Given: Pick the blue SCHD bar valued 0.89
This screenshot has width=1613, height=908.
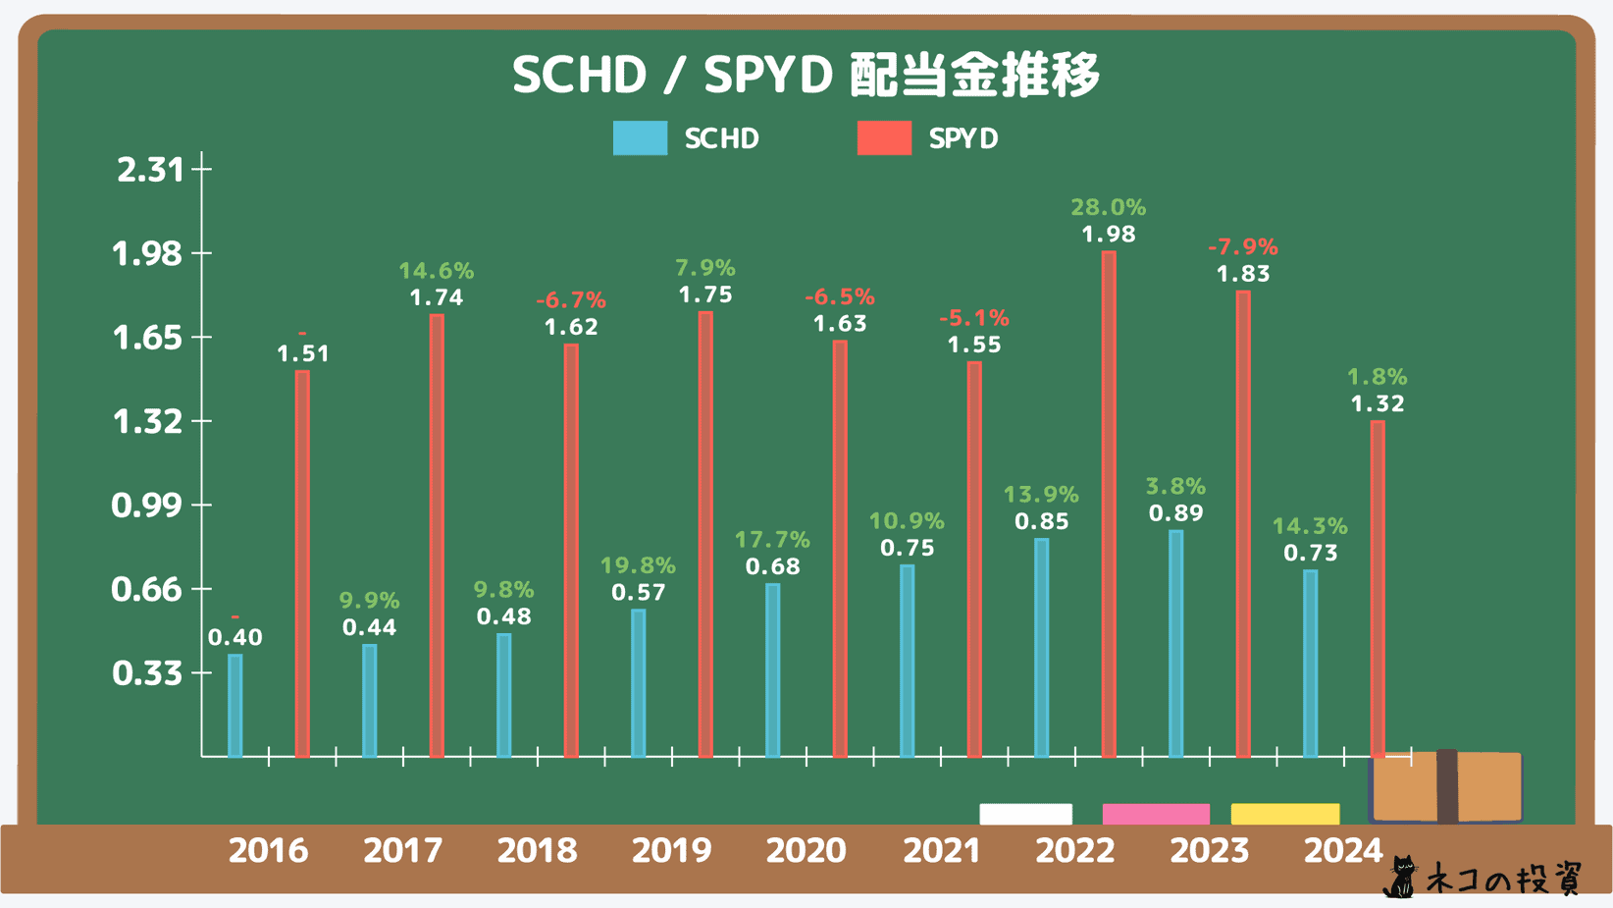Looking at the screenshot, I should [1175, 643].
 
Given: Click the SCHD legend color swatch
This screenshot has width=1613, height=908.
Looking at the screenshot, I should [640, 138].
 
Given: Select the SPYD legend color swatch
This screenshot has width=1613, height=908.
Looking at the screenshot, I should [884, 138].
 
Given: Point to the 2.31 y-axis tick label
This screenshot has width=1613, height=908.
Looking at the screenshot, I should [150, 170].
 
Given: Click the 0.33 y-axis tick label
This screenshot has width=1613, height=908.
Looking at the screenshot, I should [147, 673].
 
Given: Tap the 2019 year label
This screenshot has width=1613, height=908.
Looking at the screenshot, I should [671, 850].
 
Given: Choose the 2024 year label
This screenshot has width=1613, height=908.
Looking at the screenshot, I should [1342, 850].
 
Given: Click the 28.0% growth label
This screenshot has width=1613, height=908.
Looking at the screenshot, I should [1108, 207].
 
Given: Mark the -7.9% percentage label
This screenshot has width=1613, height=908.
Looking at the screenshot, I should [1242, 246].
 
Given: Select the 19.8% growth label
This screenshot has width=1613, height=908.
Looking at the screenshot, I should [638, 565].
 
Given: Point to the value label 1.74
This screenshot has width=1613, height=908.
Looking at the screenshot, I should [437, 297].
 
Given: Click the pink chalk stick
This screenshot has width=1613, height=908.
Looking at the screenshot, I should [1156, 814].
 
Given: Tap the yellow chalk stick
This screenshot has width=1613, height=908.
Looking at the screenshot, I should [1284, 814].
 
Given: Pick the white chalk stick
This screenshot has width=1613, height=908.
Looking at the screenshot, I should [1025, 814].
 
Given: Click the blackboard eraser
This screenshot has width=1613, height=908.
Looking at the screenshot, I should [1446, 786].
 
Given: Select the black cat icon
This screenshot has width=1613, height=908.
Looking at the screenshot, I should [1402, 877].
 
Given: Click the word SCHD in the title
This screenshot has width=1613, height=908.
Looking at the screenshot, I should [580, 75].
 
